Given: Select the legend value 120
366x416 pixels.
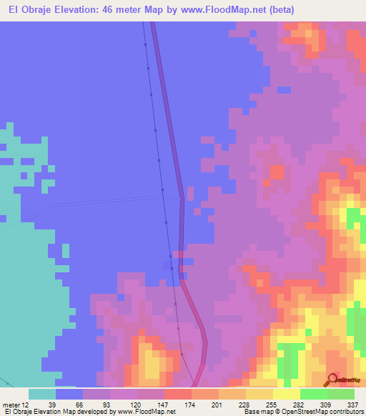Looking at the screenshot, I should (131, 404).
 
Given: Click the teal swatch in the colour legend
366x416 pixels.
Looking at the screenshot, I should (42, 394).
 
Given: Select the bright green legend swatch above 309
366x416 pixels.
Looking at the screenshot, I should (313, 394).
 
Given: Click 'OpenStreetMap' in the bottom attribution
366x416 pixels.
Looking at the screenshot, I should (305, 412).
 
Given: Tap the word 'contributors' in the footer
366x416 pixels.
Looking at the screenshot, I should (345, 412).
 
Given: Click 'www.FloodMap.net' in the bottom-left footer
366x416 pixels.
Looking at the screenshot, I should (147, 412).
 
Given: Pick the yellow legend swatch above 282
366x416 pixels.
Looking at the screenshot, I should (286, 394).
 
